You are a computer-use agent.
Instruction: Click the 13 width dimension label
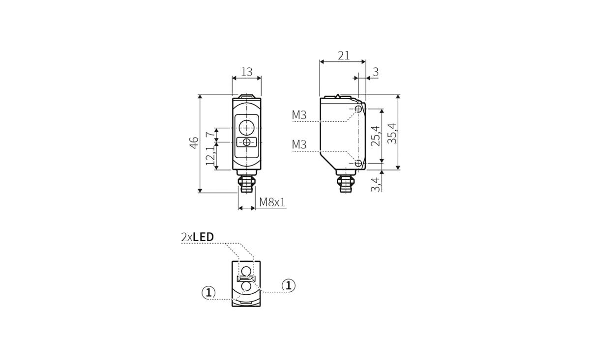(247, 72)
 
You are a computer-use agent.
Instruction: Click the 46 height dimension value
(194, 142)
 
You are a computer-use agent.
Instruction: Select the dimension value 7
(209, 134)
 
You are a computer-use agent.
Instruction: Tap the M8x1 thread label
(272, 202)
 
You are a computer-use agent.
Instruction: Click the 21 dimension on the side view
(343, 55)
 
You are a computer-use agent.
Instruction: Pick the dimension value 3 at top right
(375, 72)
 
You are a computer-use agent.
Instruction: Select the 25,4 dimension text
(375, 136)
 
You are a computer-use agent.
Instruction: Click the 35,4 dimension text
(391, 133)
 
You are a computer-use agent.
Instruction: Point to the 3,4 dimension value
(376, 185)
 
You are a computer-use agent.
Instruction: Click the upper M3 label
(299, 115)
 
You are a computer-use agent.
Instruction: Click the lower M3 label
(299, 144)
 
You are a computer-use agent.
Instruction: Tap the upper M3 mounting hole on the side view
(358, 109)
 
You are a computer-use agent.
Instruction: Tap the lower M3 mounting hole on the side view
(358, 163)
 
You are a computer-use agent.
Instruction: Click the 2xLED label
(198, 237)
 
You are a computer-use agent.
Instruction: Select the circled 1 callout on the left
(208, 292)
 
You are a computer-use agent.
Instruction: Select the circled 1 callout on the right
(289, 285)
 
